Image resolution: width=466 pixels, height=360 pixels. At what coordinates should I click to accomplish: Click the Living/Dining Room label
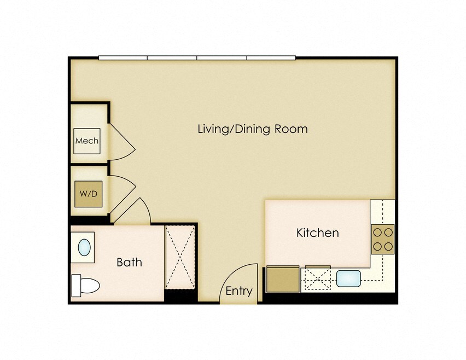click(252, 129)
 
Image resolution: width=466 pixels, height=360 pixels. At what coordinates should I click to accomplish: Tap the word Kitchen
click(317, 233)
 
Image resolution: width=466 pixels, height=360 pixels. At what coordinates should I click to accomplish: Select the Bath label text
click(129, 262)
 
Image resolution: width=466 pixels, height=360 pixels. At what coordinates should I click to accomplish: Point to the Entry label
click(239, 291)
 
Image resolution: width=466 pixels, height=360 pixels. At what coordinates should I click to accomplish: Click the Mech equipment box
click(87, 141)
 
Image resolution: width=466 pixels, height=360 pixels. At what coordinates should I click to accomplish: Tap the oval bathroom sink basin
click(84, 247)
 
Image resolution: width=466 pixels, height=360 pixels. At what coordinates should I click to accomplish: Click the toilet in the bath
click(86, 285)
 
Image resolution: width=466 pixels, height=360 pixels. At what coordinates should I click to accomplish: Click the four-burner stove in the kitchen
click(382, 239)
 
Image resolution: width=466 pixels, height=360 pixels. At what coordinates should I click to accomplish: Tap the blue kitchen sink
click(347, 278)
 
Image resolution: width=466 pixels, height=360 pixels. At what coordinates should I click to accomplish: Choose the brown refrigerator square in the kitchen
click(282, 279)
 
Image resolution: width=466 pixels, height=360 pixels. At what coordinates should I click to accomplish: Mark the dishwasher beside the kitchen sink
click(317, 278)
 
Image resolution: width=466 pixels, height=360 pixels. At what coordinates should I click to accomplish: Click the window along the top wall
click(197, 57)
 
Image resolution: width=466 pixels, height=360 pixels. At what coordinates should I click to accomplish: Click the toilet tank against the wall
click(75, 285)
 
